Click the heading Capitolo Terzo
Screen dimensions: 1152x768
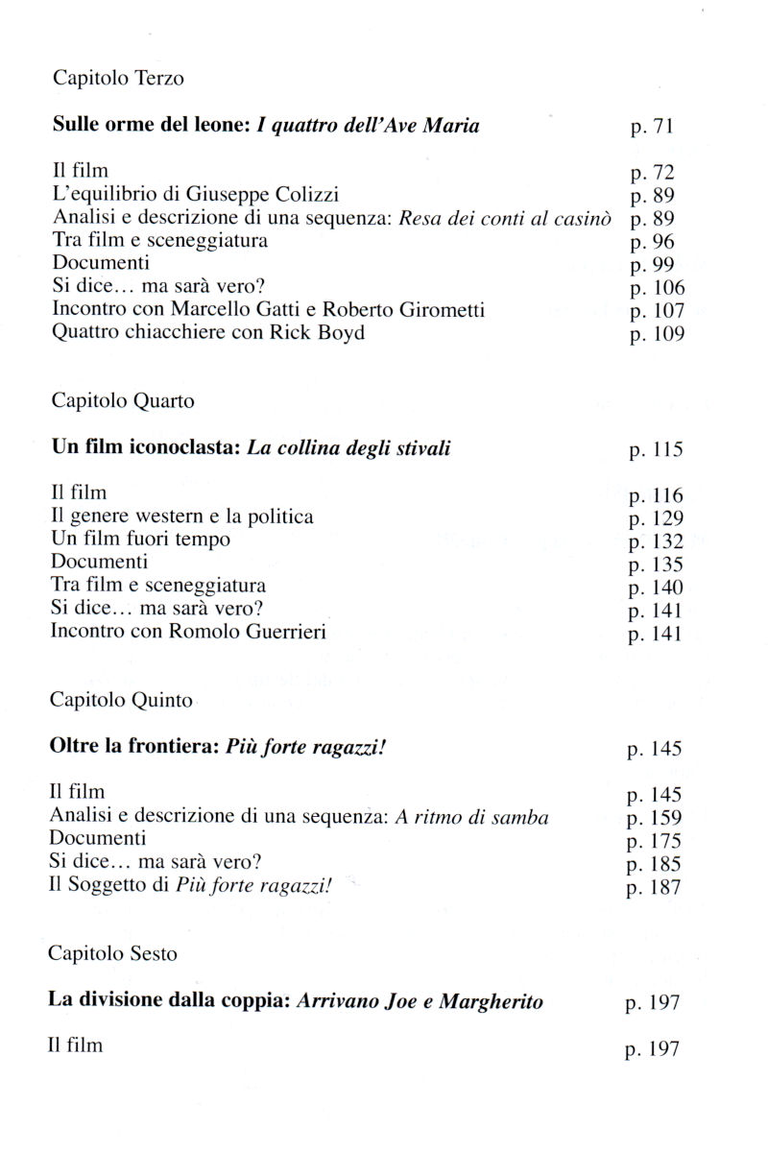[x=118, y=79]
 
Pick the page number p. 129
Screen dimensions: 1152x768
[x=656, y=519]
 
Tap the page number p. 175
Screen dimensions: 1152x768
[x=654, y=842]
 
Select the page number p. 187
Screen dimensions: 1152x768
[x=654, y=888]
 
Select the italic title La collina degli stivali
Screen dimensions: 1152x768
[x=349, y=448]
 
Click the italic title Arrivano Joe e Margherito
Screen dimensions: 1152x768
[x=420, y=1002]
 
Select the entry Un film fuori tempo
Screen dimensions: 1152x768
[x=140, y=540]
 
